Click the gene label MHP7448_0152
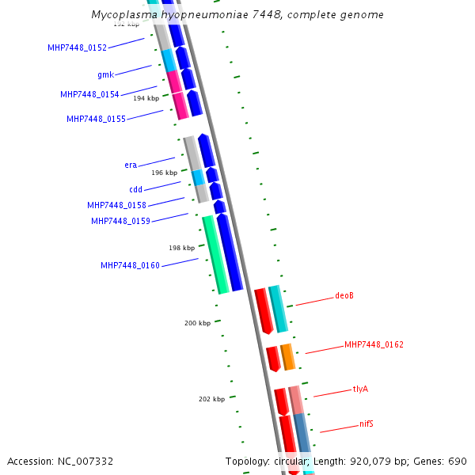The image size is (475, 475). coord(77,47)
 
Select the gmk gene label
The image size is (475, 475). coord(105,75)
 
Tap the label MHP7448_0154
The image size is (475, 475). coord(89,95)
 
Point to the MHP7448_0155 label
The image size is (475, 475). coord(96,120)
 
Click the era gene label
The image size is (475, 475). coord(131,165)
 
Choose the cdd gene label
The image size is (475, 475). coord(135,190)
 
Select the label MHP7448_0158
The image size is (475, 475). coord(116,206)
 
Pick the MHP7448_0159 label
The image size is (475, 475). coord(120,222)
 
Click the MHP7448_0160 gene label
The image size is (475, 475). coord(130,266)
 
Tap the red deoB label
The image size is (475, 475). coord(344,296)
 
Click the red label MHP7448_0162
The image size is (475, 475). coord(374,345)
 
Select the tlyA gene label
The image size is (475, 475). coord(360,389)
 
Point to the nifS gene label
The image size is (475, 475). coord(367,424)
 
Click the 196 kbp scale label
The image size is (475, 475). coord(165,173)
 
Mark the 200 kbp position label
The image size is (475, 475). coord(198,323)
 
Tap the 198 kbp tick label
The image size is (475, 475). coord(181,248)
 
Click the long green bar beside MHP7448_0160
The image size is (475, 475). coord(215,254)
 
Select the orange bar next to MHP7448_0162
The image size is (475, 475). coord(288,357)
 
